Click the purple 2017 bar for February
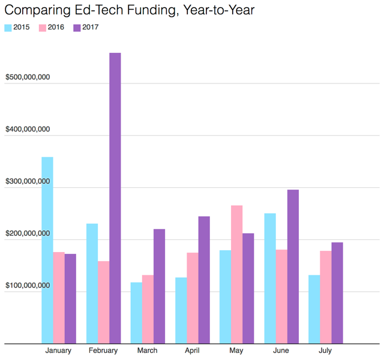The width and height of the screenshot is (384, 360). [x=115, y=198]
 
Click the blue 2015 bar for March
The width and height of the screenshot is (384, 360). [x=136, y=313]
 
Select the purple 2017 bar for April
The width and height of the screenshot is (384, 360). [x=204, y=280]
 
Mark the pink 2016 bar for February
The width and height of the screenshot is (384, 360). [x=103, y=302]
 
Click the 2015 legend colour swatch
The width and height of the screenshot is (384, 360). [x=8, y=28]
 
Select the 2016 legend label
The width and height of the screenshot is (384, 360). [x=56, y=28]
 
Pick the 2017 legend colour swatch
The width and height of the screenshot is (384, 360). [x=77, y=28]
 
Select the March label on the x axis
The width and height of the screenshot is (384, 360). [x=148, y=351]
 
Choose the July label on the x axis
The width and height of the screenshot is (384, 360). [x=325, y=351]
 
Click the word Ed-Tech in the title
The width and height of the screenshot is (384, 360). [x=101, y=10]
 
